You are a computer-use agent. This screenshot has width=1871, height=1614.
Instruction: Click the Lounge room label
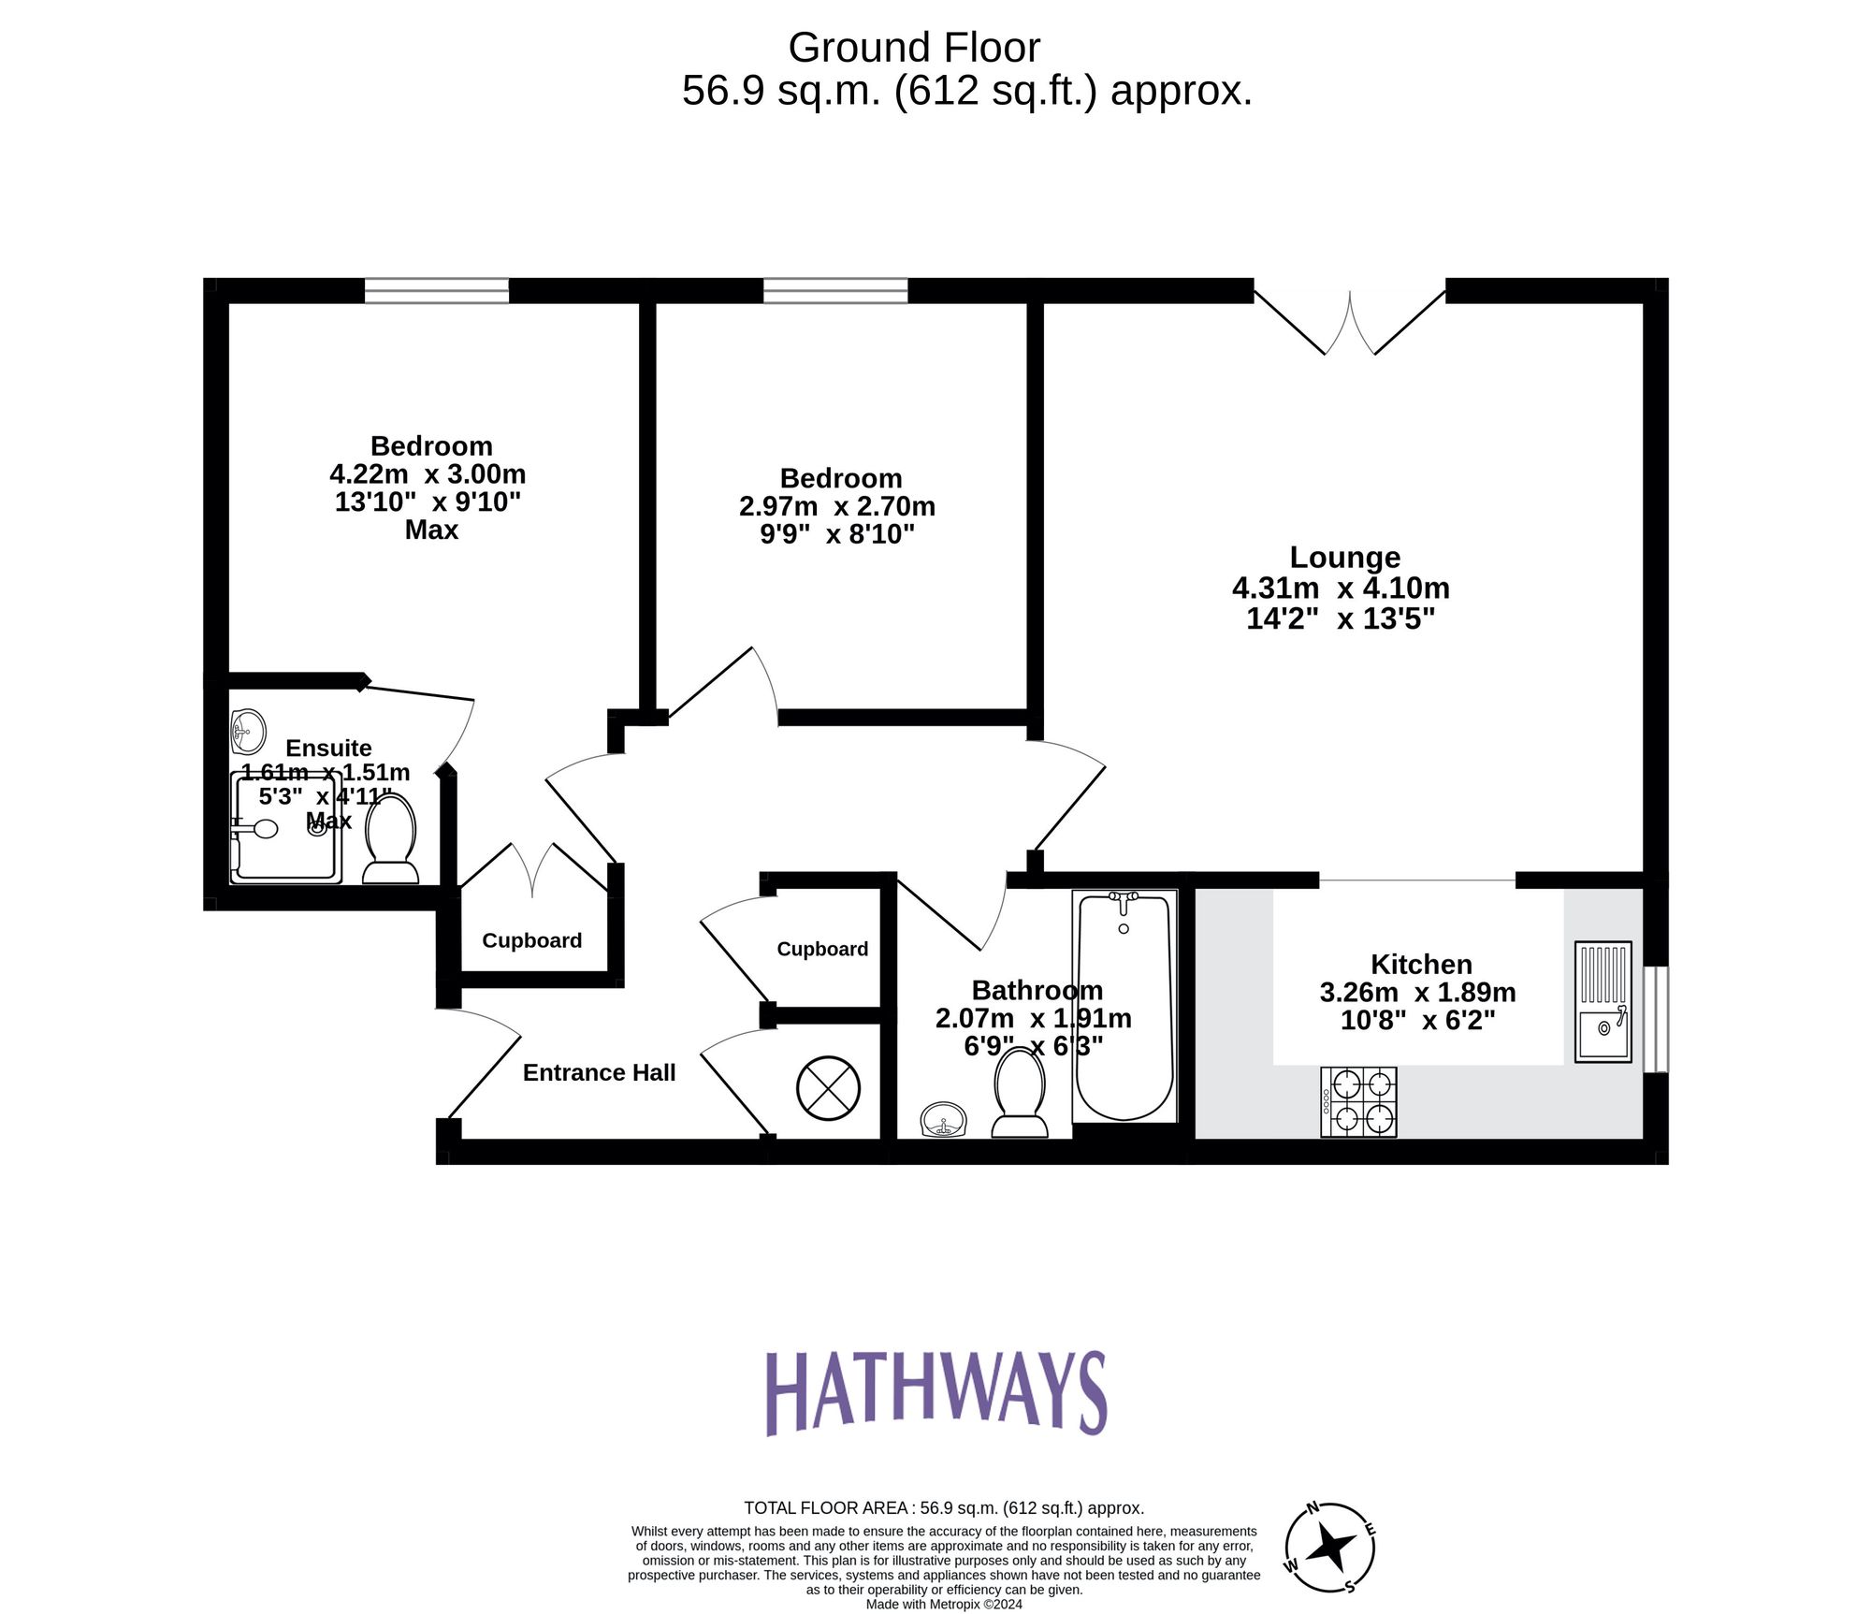coord(1344,557)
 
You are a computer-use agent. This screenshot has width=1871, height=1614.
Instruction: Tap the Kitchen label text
coord(1420,964)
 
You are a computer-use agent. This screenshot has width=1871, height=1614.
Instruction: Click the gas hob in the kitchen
coord(1358,1101)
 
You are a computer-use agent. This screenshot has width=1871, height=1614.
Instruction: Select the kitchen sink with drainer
coord(1603,1001)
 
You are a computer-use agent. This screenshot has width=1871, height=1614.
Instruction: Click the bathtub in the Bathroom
coord(1124,1007)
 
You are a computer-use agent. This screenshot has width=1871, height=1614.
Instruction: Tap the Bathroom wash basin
coord(943,1119)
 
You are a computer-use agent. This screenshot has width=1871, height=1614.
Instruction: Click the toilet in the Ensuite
coord(390,838)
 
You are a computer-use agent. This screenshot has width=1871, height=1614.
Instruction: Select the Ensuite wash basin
coord(248,731)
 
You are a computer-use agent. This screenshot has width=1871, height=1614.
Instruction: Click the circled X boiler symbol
coord(828,1087)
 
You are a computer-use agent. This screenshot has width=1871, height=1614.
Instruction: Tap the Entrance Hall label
coord(599,1072)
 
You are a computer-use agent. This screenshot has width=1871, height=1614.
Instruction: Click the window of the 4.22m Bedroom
coord(436,291)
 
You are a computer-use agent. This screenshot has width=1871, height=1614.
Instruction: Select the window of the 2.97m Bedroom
coord(835,291)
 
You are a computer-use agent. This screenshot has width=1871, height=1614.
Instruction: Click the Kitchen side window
coord(1656,1019)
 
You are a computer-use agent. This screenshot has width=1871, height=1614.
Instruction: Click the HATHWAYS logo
coord(936,1393)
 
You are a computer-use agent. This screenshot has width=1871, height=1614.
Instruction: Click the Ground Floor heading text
coord(914,48)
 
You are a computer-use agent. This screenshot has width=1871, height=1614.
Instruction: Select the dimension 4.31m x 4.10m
coord(1341,588)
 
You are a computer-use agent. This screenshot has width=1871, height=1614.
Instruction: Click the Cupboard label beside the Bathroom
coord(822,949)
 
